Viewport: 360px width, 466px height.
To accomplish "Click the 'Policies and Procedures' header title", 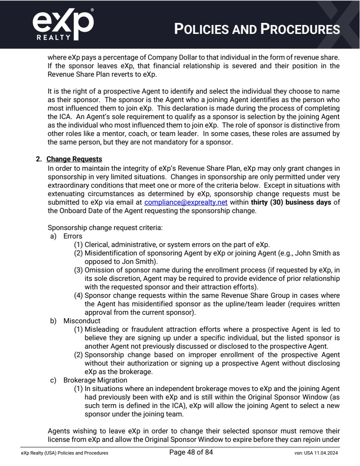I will [257, 29].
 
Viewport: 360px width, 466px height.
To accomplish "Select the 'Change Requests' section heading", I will [74, 159].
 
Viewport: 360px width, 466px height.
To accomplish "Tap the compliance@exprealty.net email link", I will [186, 202].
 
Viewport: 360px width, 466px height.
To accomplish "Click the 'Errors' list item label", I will [73, 236].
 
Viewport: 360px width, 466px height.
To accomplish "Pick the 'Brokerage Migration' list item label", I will [95, 380].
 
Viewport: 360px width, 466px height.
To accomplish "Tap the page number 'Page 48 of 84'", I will [191, 452].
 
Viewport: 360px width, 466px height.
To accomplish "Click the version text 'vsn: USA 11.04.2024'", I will [313, 453].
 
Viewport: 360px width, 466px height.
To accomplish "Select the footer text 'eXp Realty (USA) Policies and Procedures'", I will [64, 453].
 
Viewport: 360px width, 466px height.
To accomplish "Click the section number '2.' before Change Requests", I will [39, 159].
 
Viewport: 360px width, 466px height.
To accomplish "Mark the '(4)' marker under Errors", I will [78, 295].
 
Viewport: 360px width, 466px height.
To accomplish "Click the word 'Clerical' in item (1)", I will [97, 244].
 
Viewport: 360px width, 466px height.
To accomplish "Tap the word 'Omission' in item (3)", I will [99, 270].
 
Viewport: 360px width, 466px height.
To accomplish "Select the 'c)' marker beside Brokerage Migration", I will [54, 380].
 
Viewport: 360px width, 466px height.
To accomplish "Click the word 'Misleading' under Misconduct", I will [101, 329].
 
